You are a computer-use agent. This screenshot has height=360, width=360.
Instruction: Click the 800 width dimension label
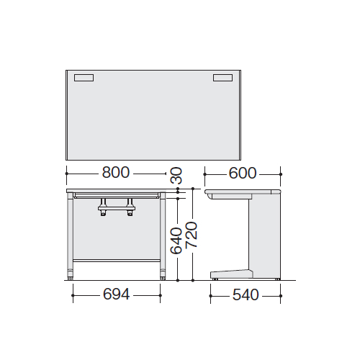[x=116, y=172]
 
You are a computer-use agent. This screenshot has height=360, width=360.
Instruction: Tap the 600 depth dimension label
[x=243, y=173]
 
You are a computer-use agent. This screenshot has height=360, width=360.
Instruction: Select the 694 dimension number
[x=117, y=294]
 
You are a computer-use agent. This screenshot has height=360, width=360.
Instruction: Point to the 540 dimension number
[x=246, y=295]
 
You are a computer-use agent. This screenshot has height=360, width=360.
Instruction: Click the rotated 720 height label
[x=192, y=235]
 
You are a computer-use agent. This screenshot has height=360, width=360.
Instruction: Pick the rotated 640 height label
[x=176, y=240]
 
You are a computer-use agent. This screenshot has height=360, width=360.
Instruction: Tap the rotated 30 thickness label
[x=176, y=175]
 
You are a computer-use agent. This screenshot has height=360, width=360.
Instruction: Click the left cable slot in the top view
[x=84, y=78]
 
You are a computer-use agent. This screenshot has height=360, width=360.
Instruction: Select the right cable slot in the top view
[x=222, y=78]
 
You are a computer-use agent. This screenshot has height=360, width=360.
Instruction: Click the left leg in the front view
[x=70, y=236]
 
